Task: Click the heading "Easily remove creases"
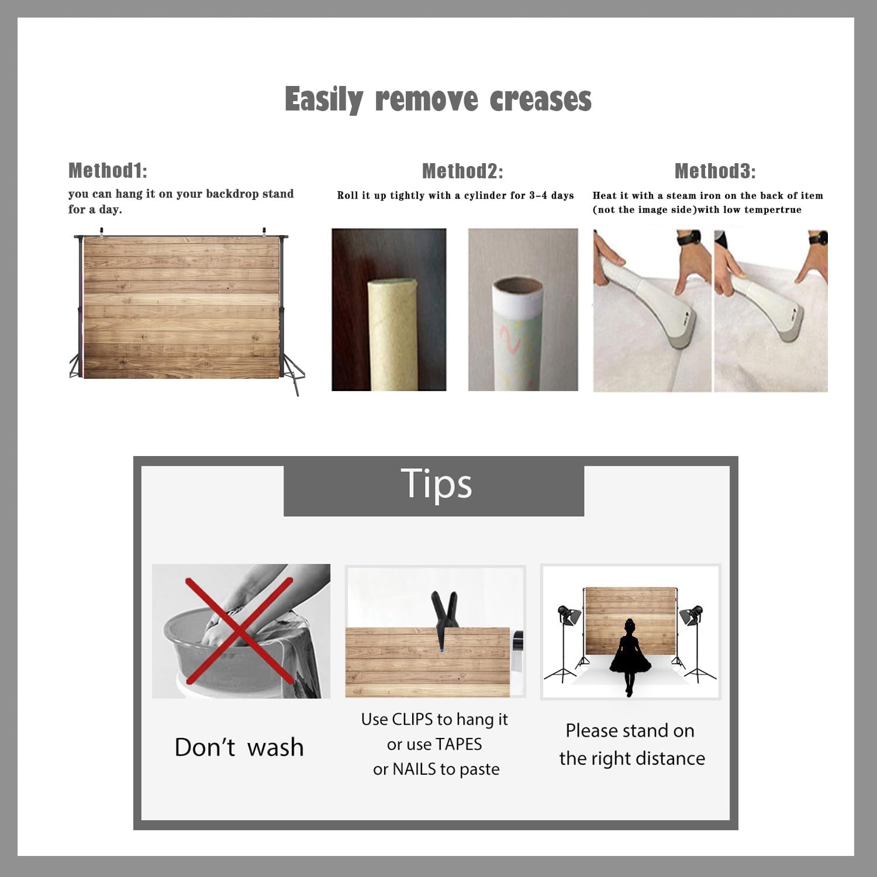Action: (438, 99)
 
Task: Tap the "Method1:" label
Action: (108, 170)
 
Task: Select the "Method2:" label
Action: (462, 171)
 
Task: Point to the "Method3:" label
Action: (715, 171)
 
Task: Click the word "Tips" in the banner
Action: (436, 484)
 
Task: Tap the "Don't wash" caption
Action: (239, 747)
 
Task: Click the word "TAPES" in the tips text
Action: (458, 744)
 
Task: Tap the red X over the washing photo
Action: (239, 630)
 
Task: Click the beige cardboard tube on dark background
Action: (391, 334)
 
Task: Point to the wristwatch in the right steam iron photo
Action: (819, 238)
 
